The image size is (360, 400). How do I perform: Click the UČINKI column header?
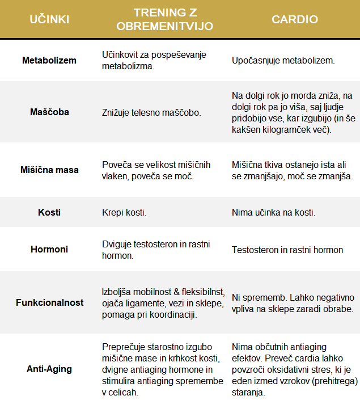tap(49, 20)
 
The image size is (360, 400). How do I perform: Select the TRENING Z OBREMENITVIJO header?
tap(165, 20)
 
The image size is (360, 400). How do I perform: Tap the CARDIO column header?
tap(295, 20)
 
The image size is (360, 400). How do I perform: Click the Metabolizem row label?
tap(49, 60)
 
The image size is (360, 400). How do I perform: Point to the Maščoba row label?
tap(49, 112)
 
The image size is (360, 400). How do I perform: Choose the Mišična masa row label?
tap(49, 170)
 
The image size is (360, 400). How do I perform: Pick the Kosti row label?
tap(49, 213)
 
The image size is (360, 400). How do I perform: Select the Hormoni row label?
tap(49, 250)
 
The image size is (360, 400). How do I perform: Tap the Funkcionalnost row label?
tap(49, 302)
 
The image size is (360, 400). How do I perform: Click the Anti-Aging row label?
tap(49, 369)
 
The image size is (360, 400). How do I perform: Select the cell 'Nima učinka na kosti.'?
tap(274, 213)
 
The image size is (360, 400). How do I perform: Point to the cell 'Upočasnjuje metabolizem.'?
tap(283, 60)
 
